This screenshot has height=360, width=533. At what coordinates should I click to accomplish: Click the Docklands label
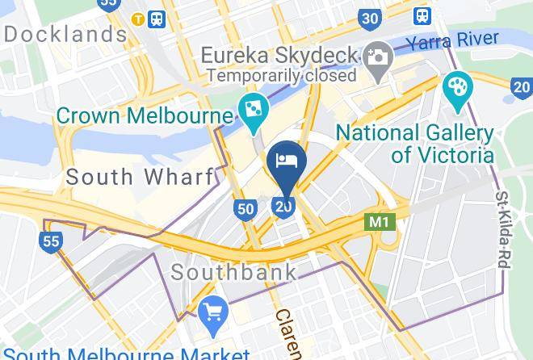(65, 36)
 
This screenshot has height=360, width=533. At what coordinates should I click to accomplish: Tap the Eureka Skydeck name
(279, 55)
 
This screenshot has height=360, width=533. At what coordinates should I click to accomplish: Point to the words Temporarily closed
(281, 76)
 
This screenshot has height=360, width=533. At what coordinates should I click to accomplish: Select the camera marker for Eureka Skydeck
(376, 57)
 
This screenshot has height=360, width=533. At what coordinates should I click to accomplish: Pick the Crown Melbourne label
(145, 115)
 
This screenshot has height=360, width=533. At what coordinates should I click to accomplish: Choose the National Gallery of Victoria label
(414, 143)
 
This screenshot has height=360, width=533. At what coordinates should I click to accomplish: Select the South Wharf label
(141, 177)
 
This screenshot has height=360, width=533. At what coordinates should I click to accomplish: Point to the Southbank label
(234, 271)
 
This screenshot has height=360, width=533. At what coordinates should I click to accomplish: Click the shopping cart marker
(213, 315)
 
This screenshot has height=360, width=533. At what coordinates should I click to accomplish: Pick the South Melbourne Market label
(127, 354)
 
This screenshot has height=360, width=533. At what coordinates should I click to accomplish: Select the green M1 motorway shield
(380, 221)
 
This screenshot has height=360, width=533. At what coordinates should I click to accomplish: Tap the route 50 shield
(246, 210)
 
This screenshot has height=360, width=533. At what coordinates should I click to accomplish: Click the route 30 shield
(371, 19)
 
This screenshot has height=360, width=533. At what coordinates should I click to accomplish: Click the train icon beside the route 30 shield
(422, 15)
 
